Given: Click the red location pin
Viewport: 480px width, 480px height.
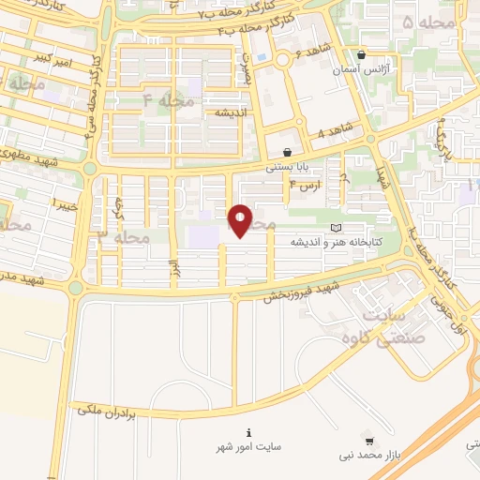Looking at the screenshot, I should tap(241, 221).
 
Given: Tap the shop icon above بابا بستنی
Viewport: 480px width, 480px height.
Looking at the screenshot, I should tap(287, 152).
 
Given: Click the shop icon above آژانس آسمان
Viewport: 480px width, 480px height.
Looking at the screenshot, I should tap(361, 54).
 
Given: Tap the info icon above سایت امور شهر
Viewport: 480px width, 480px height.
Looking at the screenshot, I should tap(247, 432).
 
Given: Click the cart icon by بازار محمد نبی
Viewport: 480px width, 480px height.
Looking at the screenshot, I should tap(369, 440).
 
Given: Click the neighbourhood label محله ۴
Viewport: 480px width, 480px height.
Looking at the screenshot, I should tap(169, 99).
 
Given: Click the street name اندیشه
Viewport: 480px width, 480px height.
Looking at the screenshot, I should tap(231, 112).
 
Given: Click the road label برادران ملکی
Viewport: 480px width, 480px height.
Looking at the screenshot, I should tap(109, 409).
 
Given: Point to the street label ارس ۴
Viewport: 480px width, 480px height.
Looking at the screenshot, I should tap(305, 187).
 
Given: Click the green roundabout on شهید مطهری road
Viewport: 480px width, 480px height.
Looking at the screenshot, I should tap(89, 169).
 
